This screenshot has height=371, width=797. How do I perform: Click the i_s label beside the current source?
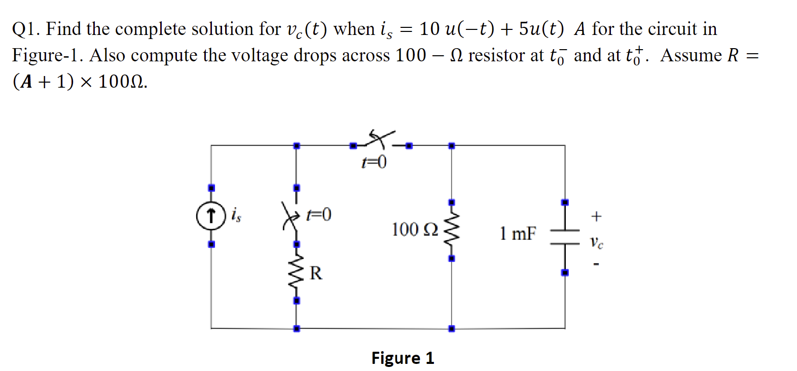(x=236, y=215)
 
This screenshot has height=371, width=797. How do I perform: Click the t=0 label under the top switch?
(x=374, y=162)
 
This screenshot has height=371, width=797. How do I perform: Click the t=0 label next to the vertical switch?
(x=319, y=214)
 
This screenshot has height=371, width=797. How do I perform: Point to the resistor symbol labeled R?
(x=296, y=274)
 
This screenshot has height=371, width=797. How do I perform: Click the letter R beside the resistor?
(x=315, y=273)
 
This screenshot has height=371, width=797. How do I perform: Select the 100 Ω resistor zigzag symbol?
(x=451, y=231)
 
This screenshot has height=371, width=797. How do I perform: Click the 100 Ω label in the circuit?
(x=414, y=230)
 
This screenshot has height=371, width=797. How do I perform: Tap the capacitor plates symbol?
(x=565, y=237)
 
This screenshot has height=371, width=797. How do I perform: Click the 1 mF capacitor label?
(x=518, y=234)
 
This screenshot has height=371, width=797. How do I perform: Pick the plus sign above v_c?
(x=596, y=216)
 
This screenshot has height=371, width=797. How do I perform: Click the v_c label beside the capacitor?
(x=597, y=243)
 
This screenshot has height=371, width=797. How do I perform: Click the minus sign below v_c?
(x=596, y=264)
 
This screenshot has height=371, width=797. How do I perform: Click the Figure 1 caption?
(x=403, y=358)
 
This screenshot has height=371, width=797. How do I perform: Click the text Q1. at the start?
(x=26, y=29)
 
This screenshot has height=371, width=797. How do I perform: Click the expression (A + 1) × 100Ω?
(x=80, y=81)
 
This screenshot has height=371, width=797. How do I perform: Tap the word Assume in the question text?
(x=691, y=55)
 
